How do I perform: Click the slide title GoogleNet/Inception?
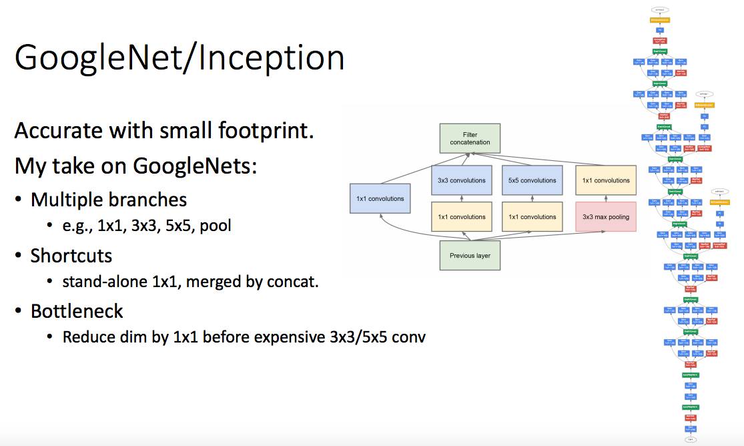[179, 58]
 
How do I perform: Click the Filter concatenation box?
[470, 138]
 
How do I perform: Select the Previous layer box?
[470, 256]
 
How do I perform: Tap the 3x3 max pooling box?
[605, 217]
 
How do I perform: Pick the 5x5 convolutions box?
[532, 180]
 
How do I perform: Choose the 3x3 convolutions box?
[462, 180]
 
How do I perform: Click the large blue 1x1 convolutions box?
[380, 198]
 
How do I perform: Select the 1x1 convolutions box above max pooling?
[605, 180]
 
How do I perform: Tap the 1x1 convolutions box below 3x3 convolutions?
[462, 217]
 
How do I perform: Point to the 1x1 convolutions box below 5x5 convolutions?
[532, 217]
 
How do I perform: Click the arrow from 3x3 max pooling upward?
[605, 198]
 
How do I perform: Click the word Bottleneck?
[77, 311]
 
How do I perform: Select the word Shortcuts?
[71, 256]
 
